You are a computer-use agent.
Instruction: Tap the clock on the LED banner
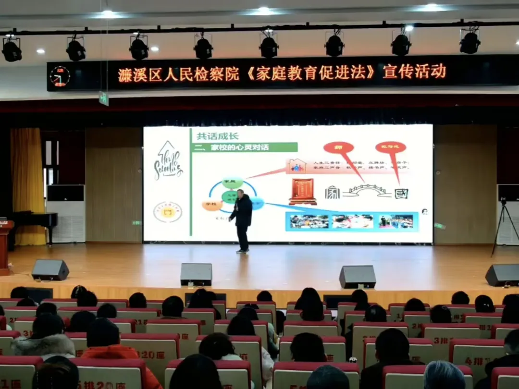(60, 76)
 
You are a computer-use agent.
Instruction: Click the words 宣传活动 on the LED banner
(414, 72)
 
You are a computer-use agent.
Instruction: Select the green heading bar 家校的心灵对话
(244, 147)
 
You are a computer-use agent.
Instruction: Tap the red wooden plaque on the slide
(303, 191)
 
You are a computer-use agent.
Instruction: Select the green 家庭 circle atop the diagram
(232, 182)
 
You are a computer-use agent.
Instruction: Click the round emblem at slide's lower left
(168, 212)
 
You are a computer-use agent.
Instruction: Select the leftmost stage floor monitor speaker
(50, 269)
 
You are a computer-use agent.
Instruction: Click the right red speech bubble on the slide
(390, 148)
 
